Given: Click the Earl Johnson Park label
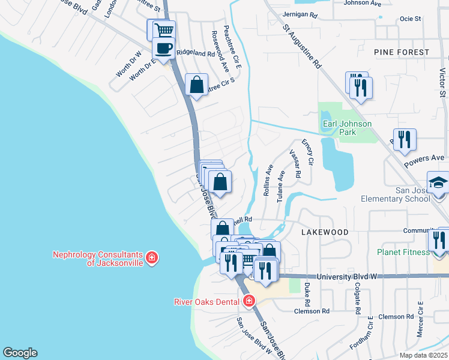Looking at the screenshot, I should [347, 128].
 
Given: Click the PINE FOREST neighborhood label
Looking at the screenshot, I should [402, 52].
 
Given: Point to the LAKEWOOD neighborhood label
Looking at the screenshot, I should [325, 232].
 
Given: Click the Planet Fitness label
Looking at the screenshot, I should [404, 252].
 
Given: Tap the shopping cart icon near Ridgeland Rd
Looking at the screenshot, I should [164, 29].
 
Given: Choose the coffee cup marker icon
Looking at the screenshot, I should [163, 47].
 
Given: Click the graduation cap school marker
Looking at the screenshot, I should [438, 182].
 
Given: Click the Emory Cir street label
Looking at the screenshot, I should [308, 152].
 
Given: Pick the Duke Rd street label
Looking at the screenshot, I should [307, 292].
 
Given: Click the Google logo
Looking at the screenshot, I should [20, 353].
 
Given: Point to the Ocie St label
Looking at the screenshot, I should [410, 19].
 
